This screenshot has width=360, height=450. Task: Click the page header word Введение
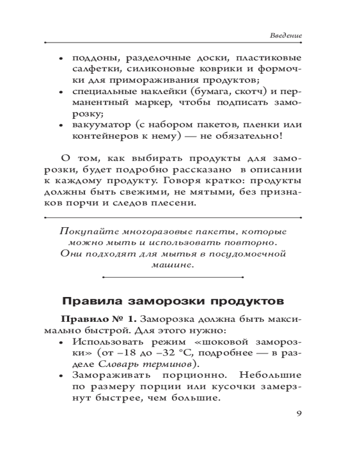coord(286,35)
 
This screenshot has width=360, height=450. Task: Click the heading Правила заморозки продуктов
coord(171,301)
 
